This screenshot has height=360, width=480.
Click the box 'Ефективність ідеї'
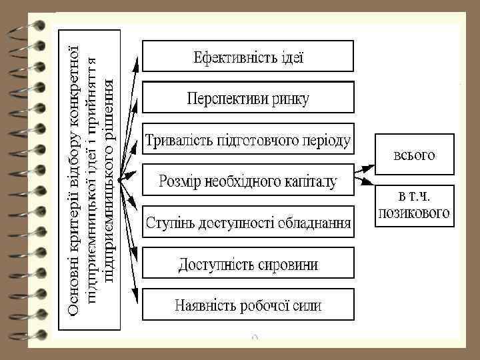249,56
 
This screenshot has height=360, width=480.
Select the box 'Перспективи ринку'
248,99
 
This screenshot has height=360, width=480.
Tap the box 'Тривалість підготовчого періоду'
249,141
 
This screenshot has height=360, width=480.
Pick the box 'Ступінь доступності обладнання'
249,221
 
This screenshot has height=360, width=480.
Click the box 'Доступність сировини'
248,265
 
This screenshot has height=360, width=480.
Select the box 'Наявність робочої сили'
248,306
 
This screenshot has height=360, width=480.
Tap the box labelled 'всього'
415,155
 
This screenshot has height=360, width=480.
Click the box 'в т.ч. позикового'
415,205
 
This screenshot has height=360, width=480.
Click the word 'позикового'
415,214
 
